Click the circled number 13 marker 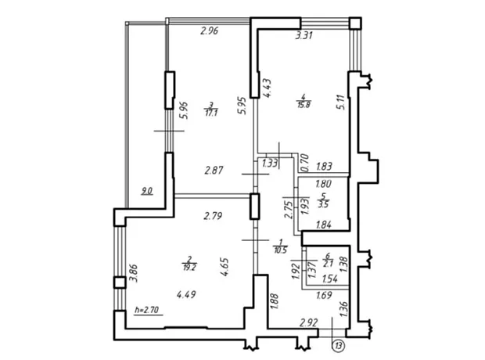(339, 346)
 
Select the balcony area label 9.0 (147, 191)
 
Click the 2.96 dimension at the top (210, 31)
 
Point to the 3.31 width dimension (304, 35)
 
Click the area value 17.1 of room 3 (211, 113)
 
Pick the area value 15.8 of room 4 (304, 105)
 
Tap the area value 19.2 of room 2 (189, 268)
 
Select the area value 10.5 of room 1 (281, 250)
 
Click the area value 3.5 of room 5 (323, 204)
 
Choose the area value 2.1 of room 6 (328, 264)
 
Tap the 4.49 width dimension (186, 294)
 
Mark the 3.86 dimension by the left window (133, 272)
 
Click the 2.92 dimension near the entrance (309, 323)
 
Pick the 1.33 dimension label (270, 163)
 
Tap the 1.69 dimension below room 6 (324, 295)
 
